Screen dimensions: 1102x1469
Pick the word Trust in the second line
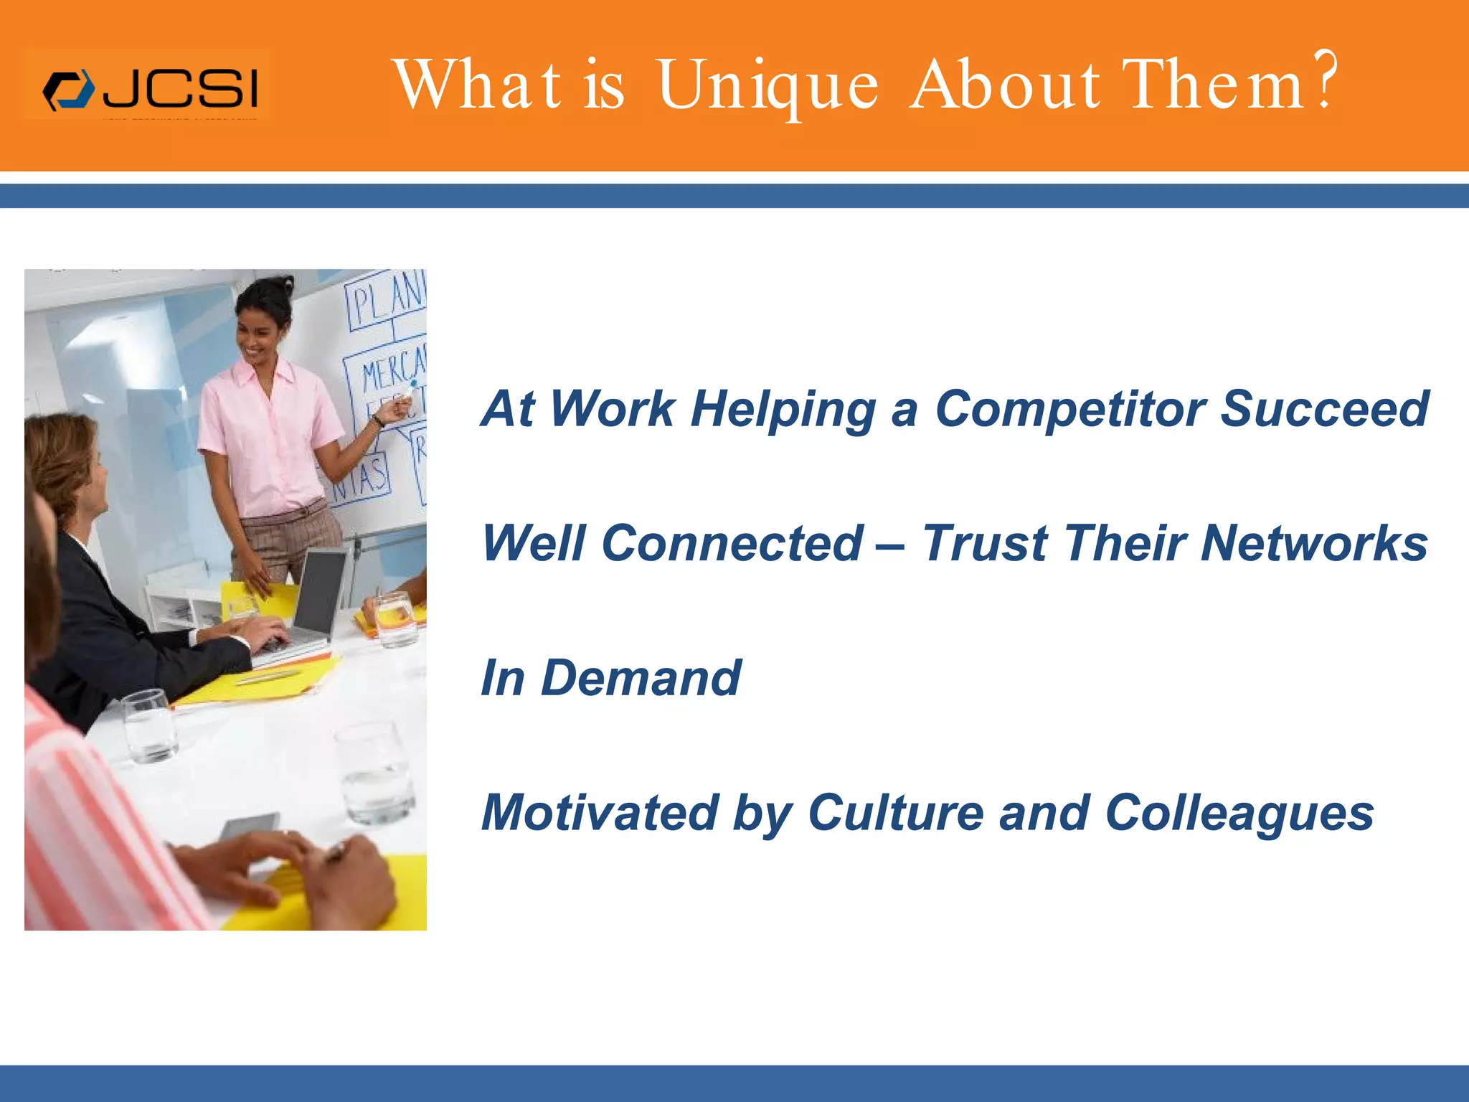pyautogui.click(x=983, y=543)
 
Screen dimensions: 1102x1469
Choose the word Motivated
pyautogui.click(x=600, y=813)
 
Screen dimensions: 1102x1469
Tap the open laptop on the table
pyautogui.click(x=316, y=595)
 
